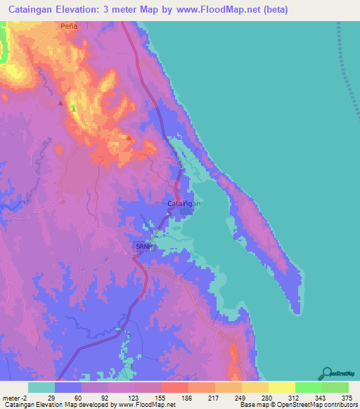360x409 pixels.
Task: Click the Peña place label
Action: (68, 25)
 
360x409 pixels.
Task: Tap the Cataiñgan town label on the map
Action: (184, 204)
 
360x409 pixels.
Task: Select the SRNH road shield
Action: (143, 247)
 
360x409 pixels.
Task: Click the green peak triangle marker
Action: (72, 108)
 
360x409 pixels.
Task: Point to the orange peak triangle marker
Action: (128, 137)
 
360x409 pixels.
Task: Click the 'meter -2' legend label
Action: (15, 398)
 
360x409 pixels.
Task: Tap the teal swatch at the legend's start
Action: (41, 387)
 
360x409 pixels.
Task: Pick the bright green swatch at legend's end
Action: (335, 387)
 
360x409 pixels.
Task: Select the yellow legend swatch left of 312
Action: (281, 387)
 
